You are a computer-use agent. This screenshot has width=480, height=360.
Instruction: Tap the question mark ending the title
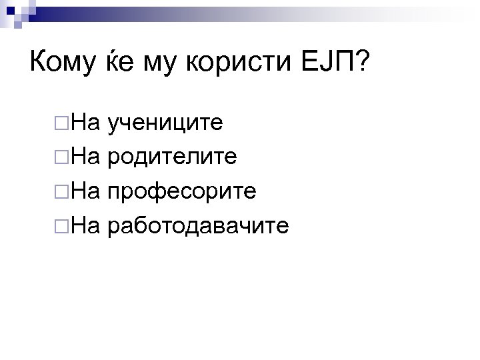pos(365,64)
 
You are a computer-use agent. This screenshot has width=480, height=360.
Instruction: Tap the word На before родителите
pos(85,158)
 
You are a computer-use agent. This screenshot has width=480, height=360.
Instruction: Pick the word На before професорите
pos(85,193)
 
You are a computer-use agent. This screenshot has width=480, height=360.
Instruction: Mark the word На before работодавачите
pos(85,227)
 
